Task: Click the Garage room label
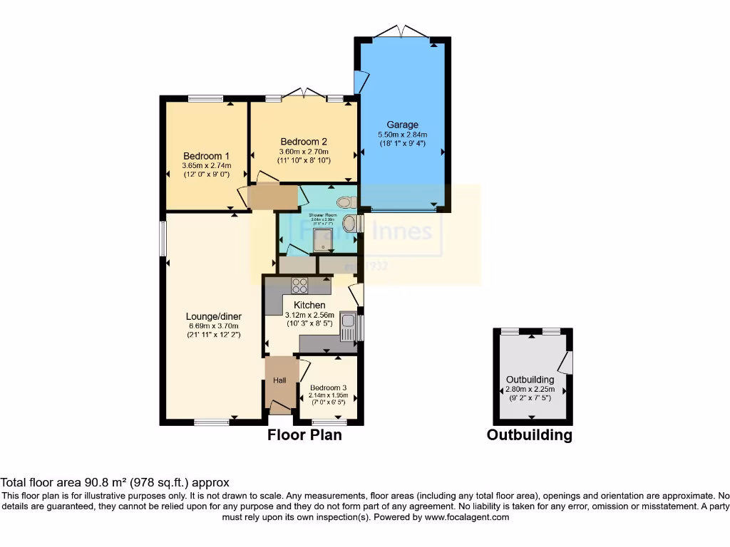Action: (402, 124)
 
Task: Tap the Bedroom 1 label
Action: (206, 156)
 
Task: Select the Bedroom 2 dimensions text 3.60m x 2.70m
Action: (304, 151)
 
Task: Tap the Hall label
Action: (279, 381)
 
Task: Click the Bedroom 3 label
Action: (327, 388)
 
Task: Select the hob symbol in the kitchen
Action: (300, 285)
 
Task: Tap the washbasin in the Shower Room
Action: (350, 224)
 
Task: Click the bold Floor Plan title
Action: (304, 434)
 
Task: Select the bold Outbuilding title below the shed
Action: (529, 434)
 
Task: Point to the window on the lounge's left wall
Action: (163, 239)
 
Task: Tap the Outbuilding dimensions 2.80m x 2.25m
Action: (531, 390)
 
